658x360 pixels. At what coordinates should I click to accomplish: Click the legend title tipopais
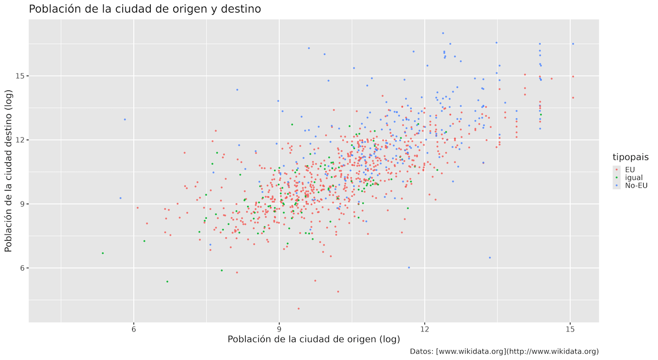[631, 158]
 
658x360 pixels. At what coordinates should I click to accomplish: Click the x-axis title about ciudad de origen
[310, 339]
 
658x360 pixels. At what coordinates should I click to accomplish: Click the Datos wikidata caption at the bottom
[504, 352]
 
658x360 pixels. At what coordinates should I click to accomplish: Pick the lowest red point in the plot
[298, 308]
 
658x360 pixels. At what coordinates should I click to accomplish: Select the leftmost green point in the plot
[103, 253]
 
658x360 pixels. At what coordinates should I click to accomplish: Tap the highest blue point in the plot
[443, 33]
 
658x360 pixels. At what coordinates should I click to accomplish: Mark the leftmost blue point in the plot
[120, 198]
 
